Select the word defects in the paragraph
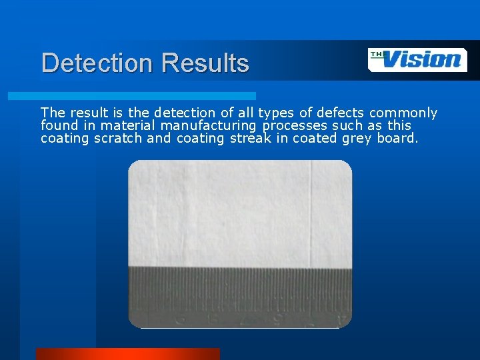[x=342, y=113]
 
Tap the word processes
[x=293, y=125]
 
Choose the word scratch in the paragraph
[x=118, y=138]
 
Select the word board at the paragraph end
[x=399, y=138]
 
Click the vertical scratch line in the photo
[x=311, y=213]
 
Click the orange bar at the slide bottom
[x=127, y=353]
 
